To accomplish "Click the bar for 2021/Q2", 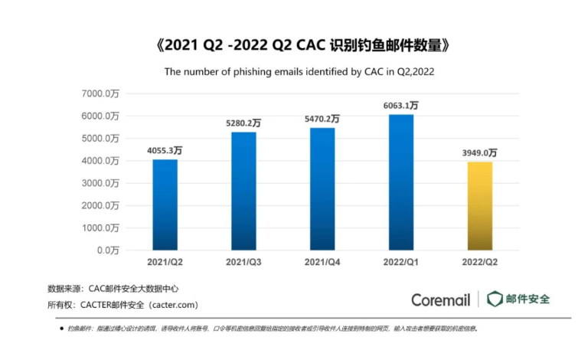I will tap(165, 205).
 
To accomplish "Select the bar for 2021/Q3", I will tap(243, 191).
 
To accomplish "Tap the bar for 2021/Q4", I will tap(322, 188).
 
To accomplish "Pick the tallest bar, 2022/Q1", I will tap(401, 182).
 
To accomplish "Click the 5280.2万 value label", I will tap(243, 123).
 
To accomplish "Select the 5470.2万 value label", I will tap(322, 119).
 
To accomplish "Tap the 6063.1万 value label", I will tap(401, 106).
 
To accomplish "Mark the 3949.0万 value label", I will tap(479, 153).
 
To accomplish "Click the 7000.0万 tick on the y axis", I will tap(102, 93).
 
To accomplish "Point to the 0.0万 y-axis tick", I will tap(106, 250).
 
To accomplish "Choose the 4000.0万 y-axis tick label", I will tap(102, 161).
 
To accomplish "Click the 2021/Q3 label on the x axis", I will tap(243, 262).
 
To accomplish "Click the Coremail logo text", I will tap(440, 299).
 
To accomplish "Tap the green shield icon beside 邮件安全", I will tap(495, 299).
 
